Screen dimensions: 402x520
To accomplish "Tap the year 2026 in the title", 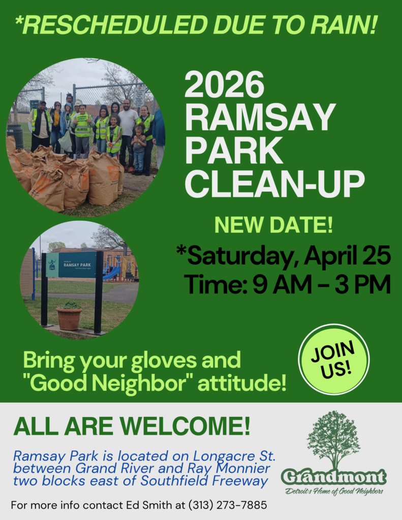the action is pos(224,85).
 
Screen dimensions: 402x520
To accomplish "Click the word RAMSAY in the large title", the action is pos(260,118).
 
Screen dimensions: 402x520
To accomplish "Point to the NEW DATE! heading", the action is pos(273,225).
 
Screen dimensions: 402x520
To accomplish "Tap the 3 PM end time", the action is pos(362,284).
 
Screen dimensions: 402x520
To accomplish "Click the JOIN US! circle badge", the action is pos(334,360).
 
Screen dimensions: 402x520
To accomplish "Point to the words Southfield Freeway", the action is pos(204,481).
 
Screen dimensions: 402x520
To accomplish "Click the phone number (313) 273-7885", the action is pos(228,505).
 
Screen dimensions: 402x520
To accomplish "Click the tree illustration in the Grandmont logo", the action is pos(333,439).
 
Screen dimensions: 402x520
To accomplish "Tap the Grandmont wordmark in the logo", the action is pos(334,477).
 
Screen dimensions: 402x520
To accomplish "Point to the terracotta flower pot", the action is pos(69,318).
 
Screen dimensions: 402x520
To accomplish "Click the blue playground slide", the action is pos(112,273).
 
